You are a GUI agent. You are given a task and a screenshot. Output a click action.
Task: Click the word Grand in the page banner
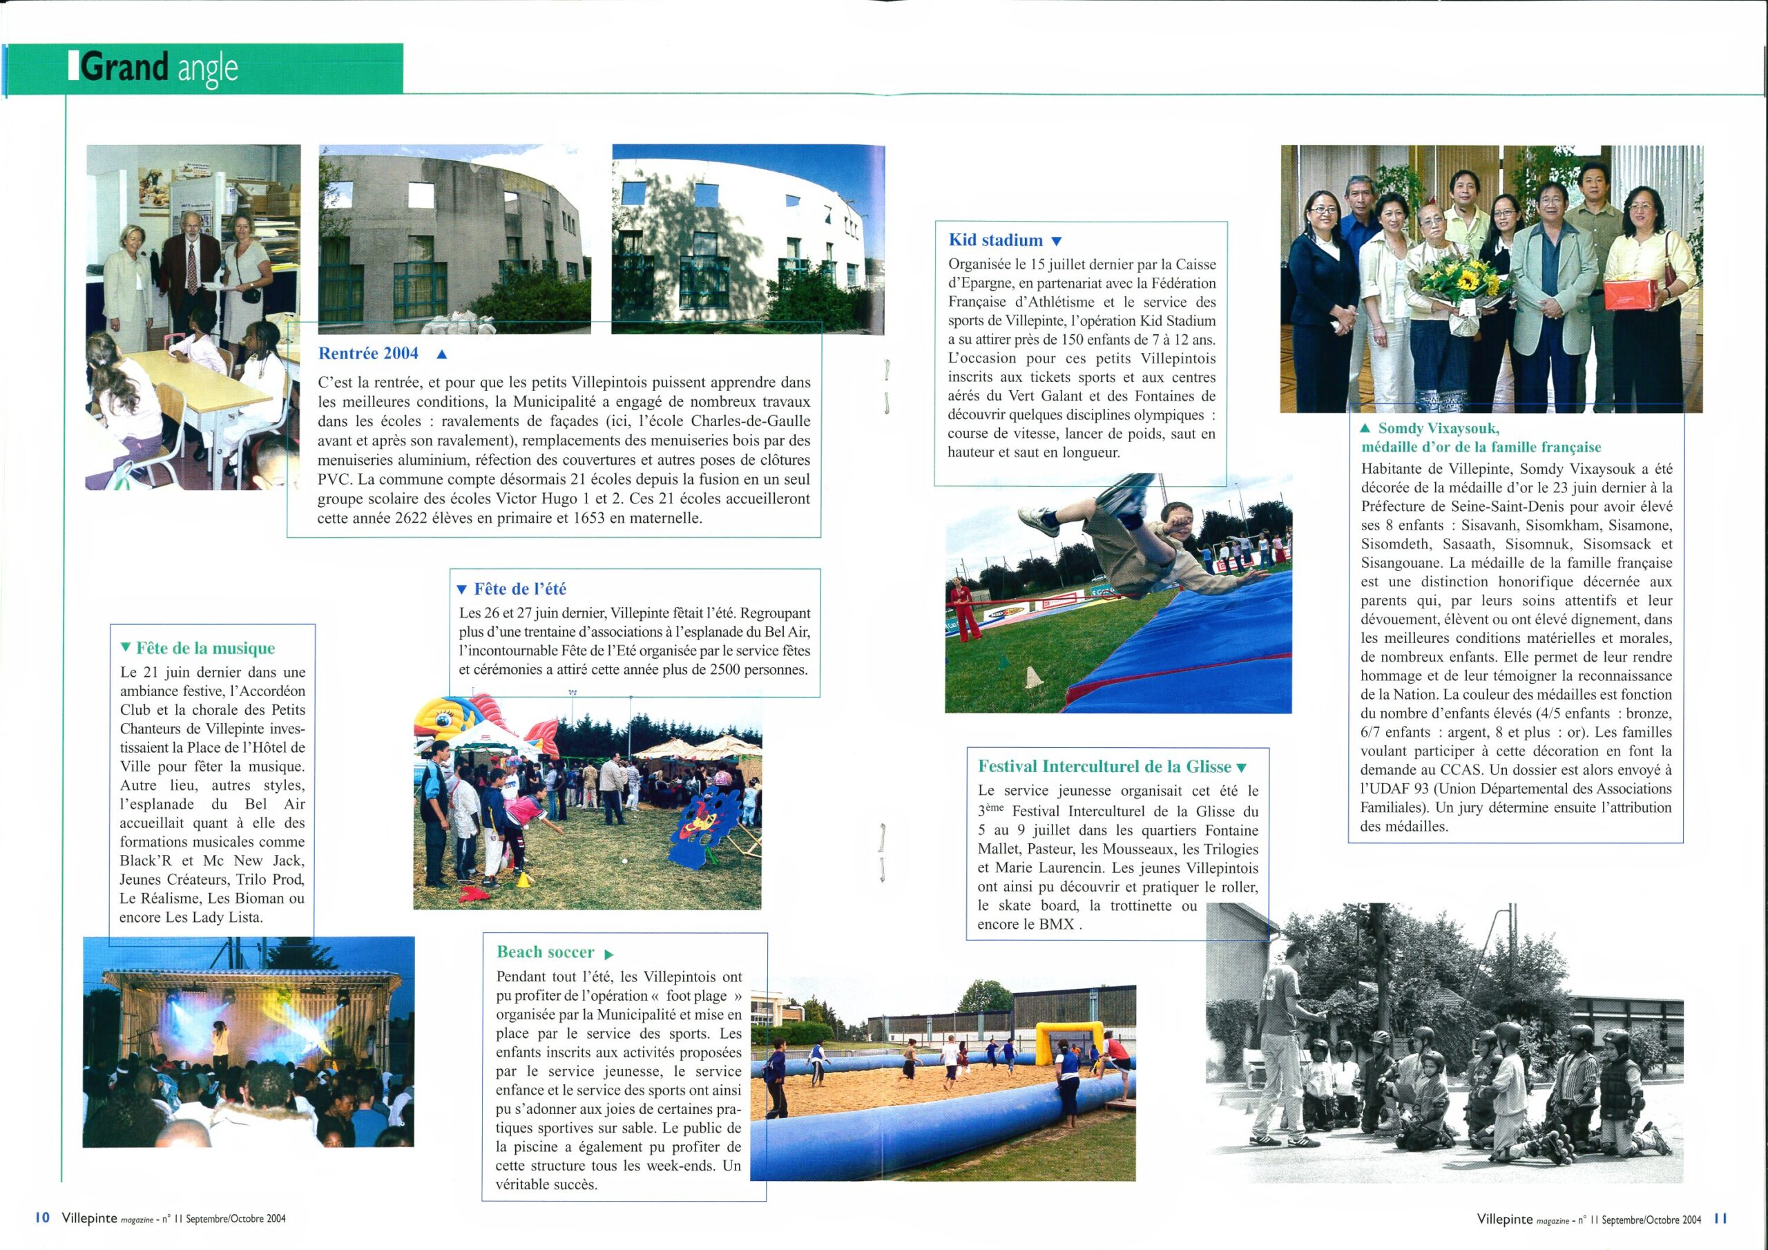pos(124,68)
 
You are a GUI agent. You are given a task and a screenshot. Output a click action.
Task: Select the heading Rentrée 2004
pos(368,354)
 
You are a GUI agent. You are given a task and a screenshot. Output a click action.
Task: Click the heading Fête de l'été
pos(520,589)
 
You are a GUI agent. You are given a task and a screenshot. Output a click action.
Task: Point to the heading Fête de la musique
pos(205,648)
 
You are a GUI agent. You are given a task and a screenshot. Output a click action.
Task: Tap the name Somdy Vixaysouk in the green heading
pos(1438,428)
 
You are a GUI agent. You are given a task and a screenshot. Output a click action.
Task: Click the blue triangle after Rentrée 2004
pos(441,355)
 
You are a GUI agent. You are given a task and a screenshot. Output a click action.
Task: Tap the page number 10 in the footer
pos(42,1218)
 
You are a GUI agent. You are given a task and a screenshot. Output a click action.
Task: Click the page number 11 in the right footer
pos(1720,1218)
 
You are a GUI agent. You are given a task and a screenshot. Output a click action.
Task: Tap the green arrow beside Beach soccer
pos(609,954)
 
